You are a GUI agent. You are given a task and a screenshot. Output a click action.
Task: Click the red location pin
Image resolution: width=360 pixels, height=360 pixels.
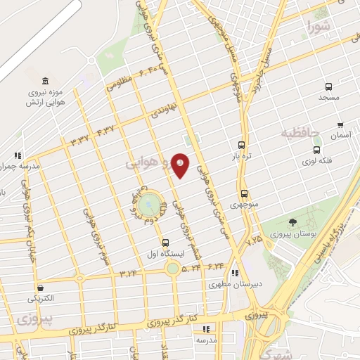click(181, 165)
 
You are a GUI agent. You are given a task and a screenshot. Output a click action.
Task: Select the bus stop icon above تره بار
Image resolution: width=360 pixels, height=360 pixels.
click(241, 144)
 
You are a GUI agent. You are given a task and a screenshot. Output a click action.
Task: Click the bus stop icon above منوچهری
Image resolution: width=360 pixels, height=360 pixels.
click(244, 193)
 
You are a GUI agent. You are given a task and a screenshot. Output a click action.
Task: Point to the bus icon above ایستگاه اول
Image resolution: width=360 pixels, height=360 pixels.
click(165, 243)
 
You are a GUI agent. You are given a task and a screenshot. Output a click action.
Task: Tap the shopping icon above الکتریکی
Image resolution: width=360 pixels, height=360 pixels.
click(41, 288)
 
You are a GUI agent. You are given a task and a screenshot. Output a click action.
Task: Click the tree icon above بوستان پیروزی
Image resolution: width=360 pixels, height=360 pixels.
click(292, 222)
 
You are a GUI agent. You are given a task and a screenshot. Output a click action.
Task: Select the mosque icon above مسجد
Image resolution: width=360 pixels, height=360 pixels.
click(328, 86)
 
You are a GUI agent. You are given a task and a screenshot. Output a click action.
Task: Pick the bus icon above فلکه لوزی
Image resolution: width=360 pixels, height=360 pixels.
click(318, 149)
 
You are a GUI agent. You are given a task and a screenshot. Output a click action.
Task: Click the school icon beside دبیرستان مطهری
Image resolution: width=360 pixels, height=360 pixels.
click(236, 273)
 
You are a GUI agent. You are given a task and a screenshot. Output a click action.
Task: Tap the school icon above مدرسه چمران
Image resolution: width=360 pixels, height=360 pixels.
click(17, 155)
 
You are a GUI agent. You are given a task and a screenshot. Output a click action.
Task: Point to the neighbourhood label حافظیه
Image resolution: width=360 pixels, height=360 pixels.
click(301, 132)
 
